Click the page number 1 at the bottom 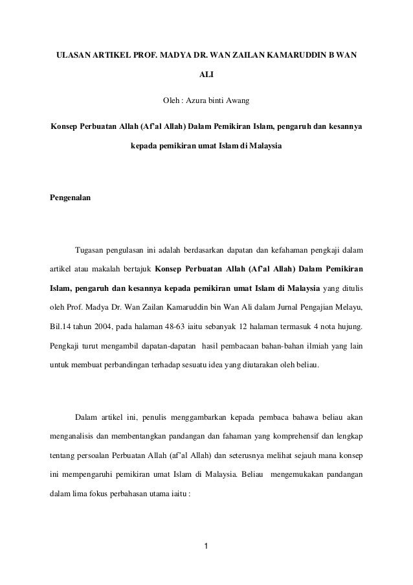[206, 551]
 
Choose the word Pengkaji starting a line [65, 345]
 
